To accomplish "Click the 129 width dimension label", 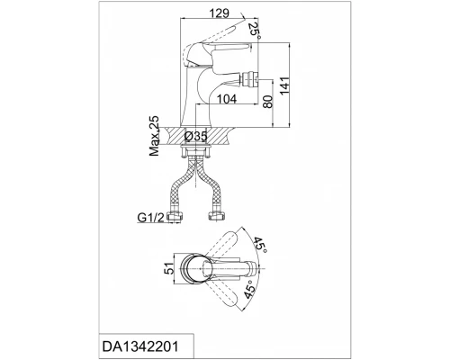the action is pyautogui.click(x=219, y=13).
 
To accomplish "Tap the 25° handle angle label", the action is pyautogui.click(x=255, y=30).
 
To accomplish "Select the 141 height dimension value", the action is pyautogui.click(x=284, y=85).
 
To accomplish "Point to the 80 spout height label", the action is pyautogui.click(x=267, y=102).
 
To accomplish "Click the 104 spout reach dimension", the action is pyautogui.click(x=227, y=99).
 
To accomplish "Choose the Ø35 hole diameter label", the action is pyautogui.click(x=196, y=136).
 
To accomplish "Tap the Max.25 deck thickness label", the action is pyautogui.click(x=154, y=136).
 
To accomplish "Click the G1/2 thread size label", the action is pyautogui.click(x=151, y=218).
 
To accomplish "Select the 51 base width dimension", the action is pyautogui.click(x=170, y=268).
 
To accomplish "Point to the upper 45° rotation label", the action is pyautogui.click(x=259, y=245).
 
